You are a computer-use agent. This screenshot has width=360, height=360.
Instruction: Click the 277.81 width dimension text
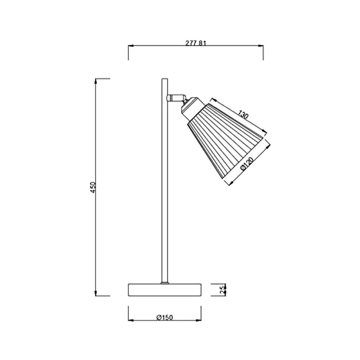tap(196, 43)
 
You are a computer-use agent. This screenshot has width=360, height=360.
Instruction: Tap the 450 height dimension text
tap(93, 187)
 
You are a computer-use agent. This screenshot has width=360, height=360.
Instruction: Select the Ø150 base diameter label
tap(165, 318)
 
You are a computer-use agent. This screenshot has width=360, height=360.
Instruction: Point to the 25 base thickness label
tap(222, 290)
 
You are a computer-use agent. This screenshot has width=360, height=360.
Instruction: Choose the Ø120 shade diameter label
tap(247, 164)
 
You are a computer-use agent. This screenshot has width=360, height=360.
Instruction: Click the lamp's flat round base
tap(165, 290)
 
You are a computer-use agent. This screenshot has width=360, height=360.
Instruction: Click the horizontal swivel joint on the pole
tap(176, 98)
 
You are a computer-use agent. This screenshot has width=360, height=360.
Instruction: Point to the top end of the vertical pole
tap(165, 79)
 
